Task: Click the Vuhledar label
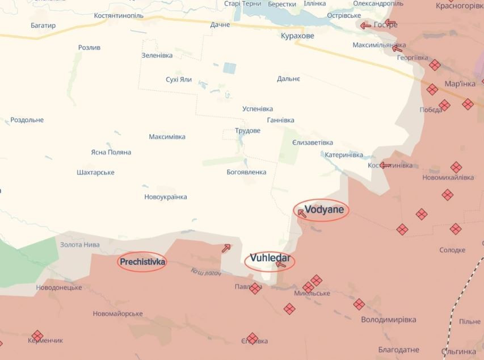click(x=270, y=258)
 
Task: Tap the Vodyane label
click(x=324, y=210)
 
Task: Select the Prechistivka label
click(x=142, y=262)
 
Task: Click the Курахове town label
click(x=297, y=36)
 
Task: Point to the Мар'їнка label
click(x=460, y=83)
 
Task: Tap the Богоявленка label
click(x=246, y=172)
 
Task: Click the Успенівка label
click(x=258, y=109)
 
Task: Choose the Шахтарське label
click(x=95, y=173)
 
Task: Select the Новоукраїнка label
click(x=166, y=197)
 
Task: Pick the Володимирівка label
click(x=389, y=320)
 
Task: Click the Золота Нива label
click(x=80, y=245)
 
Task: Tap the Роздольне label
click(x=27, y=120)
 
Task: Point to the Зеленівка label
click(x=157, y=55)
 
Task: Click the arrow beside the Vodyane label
click(x=301, y=214)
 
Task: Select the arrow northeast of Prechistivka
click(x=226, y=248)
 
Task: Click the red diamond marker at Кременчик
click(x=37, y=336)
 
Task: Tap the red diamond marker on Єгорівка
click(x=252, y=338)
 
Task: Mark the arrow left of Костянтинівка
click(x=385, y=166)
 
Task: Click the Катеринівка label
click(x=343, y=155)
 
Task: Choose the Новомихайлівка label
click(x=448, y=178)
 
